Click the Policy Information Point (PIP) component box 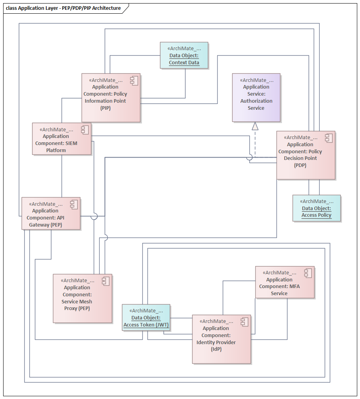click(x=111, y=98)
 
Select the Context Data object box click(x=184, y=56)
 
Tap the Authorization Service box click(x=256, y=98)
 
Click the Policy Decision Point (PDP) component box click(x=305, y=156)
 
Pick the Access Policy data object click(x=316, y=209)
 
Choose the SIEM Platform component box click(x=62, y=139)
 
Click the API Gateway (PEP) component click(x=51, y=214)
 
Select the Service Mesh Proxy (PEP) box click(x=82, y=299)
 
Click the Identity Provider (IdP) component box click(x=221, y=339)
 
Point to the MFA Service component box click(x=285, y=283)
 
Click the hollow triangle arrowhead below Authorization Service click(x=255, y=126)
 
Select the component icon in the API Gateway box click(x=73, y=204)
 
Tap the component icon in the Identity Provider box click(x=244, y=322)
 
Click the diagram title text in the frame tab click(x=63, y=8)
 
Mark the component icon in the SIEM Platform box click(x=84, y=130)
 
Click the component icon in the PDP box click(x=328, y=138)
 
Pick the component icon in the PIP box click(x=133, y=81)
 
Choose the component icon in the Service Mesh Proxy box click(x=105, y=281)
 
